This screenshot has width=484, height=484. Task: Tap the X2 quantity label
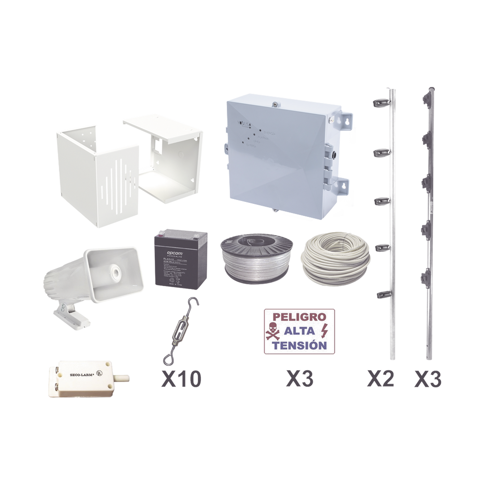pos(380,379)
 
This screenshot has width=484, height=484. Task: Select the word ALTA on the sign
pos(299,331)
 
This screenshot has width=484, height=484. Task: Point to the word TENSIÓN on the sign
pos(299,345)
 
